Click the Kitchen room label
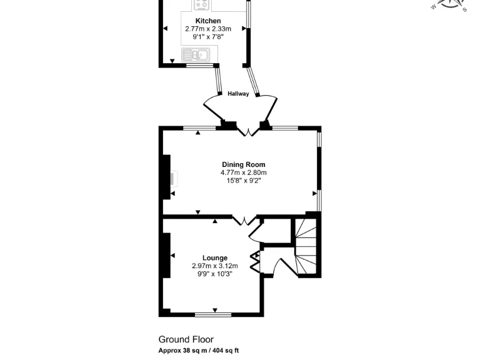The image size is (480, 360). point(208,21)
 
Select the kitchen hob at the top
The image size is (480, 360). point(201,5)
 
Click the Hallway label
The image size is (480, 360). point(238,94)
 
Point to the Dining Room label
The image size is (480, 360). point(243,164)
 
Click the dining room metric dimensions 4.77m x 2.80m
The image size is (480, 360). point(243,172)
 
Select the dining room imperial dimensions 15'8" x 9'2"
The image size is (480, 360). point(243,181)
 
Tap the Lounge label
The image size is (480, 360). point(214,257)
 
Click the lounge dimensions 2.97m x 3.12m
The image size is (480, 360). point(214,266)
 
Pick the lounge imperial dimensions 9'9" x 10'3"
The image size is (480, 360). point(214,274)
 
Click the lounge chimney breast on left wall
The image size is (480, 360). point(166,255)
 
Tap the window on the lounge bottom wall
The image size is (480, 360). point(213,314)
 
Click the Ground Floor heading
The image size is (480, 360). point(186,339)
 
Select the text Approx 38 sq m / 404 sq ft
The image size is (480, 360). point(199,351)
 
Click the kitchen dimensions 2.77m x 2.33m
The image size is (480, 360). point(208,29)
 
